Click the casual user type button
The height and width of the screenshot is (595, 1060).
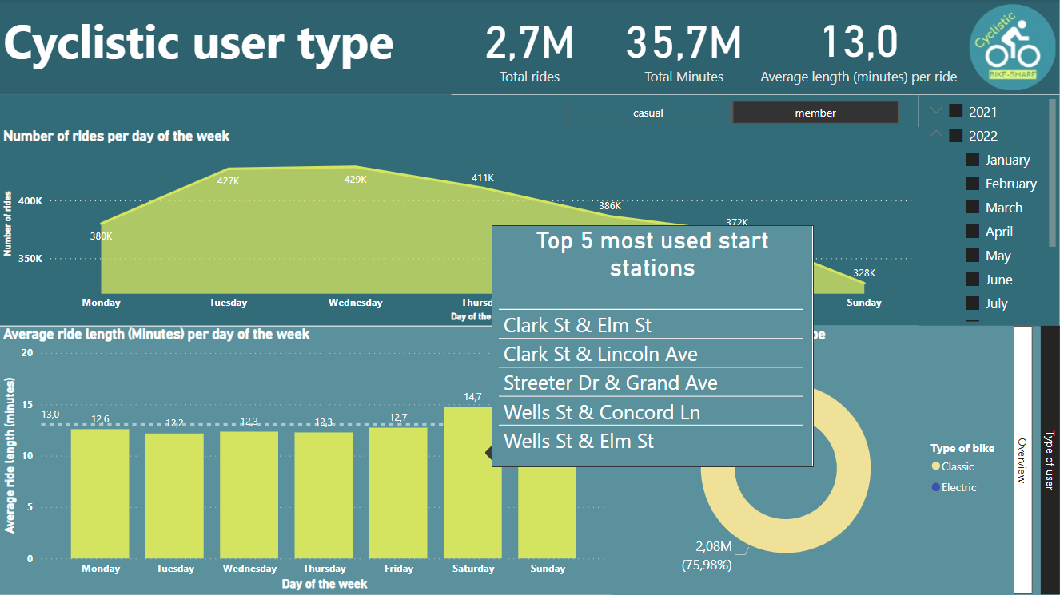click(x=648, y=113)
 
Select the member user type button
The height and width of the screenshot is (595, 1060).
click(x=815, y=113)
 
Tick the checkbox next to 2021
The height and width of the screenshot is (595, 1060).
click(x=956, y=112)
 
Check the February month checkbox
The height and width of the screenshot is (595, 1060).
click(x=972, y=184)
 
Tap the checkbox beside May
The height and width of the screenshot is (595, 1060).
click(x=972, y=256)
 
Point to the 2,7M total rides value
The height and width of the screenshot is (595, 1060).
click(x=529, y=43)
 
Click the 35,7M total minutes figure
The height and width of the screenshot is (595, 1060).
click(x=683, y=43)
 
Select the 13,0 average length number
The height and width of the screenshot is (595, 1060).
click(x=859, y=43)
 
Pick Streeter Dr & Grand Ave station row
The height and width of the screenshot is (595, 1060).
click(x=611, y=383)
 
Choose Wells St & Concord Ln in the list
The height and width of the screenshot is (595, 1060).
click(x=602, y=412)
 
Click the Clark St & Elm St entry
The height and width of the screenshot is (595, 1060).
click(x=578, y=326)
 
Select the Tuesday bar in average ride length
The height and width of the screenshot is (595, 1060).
click(x=175, y=495)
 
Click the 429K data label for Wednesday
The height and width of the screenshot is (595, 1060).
click(x=355, y=180)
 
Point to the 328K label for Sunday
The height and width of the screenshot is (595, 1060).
click(x=864, y=273)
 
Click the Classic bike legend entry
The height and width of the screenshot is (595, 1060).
click(x=957, y=466)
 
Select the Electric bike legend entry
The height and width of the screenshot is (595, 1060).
click(x=958, y=487)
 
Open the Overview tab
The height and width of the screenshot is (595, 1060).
click(x=1022, y=460)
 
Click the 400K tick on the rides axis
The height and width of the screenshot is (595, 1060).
click(x=30, y=201)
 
